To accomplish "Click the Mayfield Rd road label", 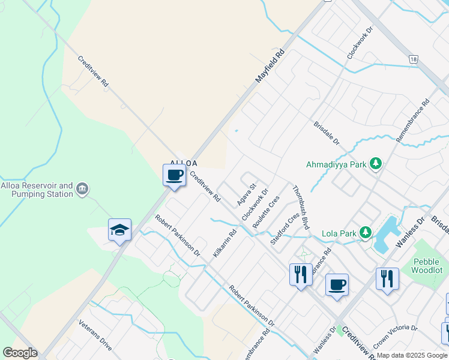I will pyautogui.click(x=269, y=66).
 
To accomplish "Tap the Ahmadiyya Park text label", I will pyautogui.click(x=336, y=163).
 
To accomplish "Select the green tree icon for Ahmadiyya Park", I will pyautogui.click(x=376, y=163).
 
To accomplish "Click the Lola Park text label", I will pyautogui.click(x=337, y=233).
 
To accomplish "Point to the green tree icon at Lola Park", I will pyautogui.click(x=365, y=233).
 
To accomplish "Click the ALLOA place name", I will pyautogui.click(x=184, y=163).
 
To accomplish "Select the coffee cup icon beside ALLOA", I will pyautogui.click(x=174, y=175).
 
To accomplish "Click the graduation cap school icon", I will pyautogui.click(x=119, y=230).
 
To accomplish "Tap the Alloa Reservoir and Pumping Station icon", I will pyautogui.click(x=83, y=190).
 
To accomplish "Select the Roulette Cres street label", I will pyautogui.click(x=266, y=211).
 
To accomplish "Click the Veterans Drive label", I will pyautogui.click(x=95, y=335).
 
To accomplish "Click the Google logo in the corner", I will pyautogui.click(x=20, y=353).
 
